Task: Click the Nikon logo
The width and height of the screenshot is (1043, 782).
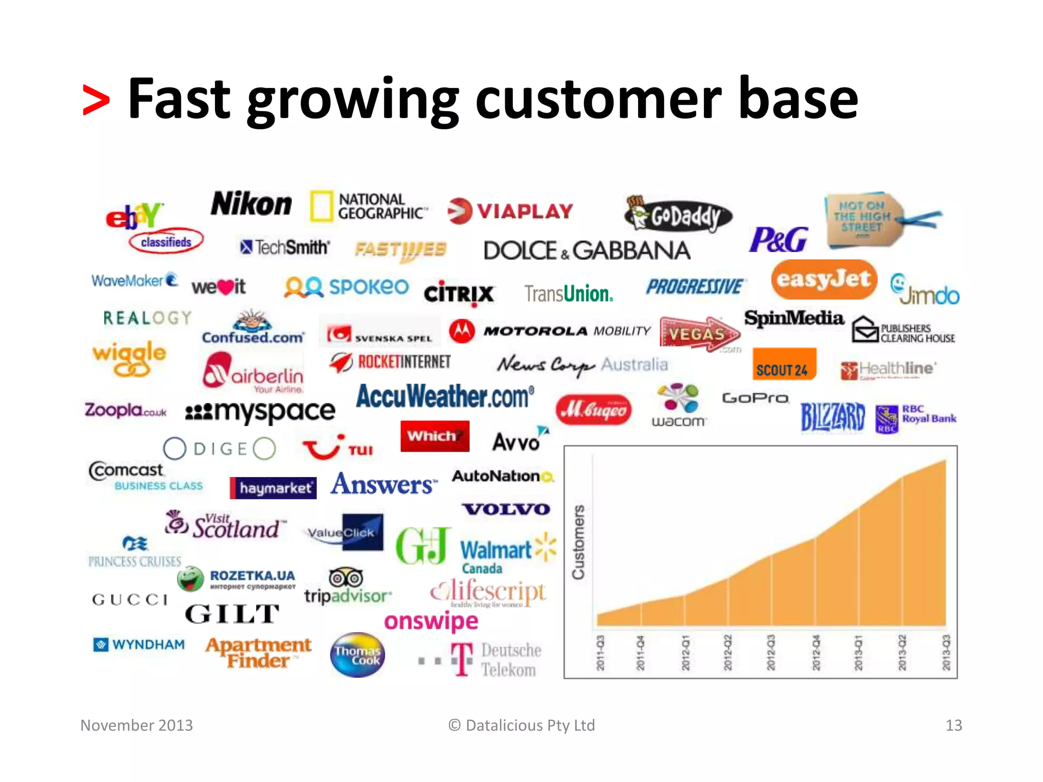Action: tap(251, 205)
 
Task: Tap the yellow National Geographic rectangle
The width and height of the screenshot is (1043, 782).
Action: tap(321, 206)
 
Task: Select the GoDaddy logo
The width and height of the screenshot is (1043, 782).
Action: tap(678, 214)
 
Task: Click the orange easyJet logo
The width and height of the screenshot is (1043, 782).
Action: tap(824, 280)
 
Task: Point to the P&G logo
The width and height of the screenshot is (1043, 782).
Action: tap(778, 240)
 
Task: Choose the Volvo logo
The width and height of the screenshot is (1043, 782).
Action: tap(506, 509)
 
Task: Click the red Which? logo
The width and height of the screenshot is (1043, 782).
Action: tap(434, 436)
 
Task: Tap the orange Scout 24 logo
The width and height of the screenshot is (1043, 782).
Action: tap(784, 365)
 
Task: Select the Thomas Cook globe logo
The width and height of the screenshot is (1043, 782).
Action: tap(358, 655)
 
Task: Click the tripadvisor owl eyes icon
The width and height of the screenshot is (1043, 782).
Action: tap(346, 578)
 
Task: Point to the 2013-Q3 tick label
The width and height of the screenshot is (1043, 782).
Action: tap(946, 653)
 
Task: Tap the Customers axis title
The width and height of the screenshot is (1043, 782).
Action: tap(579, 542)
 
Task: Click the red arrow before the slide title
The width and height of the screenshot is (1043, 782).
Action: tap(96, 100)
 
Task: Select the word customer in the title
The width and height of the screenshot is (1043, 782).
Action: tap(598, 98)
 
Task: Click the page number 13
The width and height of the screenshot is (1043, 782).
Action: tap(953, 725)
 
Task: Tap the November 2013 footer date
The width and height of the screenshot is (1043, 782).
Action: tap(136, 725)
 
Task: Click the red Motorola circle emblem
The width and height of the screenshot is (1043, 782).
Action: tap(462, 331)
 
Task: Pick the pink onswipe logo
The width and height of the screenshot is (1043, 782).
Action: tap(431, 622)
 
